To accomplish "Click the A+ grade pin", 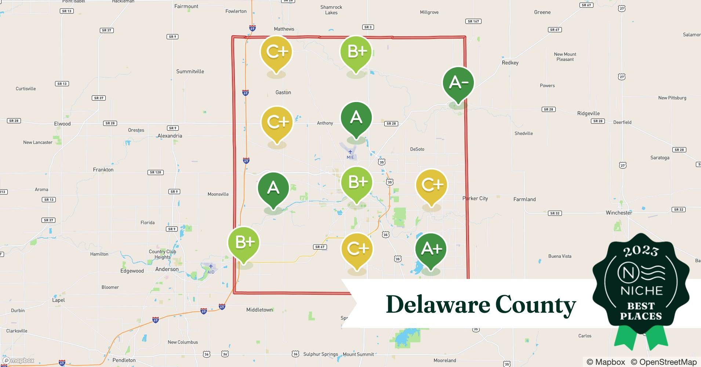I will pyautogui.click(x=431, y=249).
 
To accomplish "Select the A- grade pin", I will pyautogui.click(x=458, y=83).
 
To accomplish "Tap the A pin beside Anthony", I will pyautogui.click(x=356, y=118).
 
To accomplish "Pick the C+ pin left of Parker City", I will pyautogui.click(x=432, y=185).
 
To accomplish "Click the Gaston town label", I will pyautogui.click(x=283, y=92).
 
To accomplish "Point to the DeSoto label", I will pyautogui.click(x=417, y=149).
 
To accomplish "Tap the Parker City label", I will pyautogui.click(x=475, y=199).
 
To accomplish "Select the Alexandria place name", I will pyautogui.click(x=170, y=136).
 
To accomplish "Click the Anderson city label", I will pyautogui.click(x=167, y=269).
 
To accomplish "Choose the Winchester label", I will pyautogui.click(x=619, y=213).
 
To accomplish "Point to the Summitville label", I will pyautogui.click(x=190, y=72).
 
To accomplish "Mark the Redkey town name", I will pyautogui.click(x=510, y=63).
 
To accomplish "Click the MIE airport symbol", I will pyautogui.click(x=350, y=152).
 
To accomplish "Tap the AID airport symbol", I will pyautogui.click(x=211, y=266).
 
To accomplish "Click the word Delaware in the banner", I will pyautogui.click(x=437, y=305).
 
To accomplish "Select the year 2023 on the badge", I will pyautogui.click(x=641, y=251).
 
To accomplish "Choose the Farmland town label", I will pyautogui.click(x=524, y=199).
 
